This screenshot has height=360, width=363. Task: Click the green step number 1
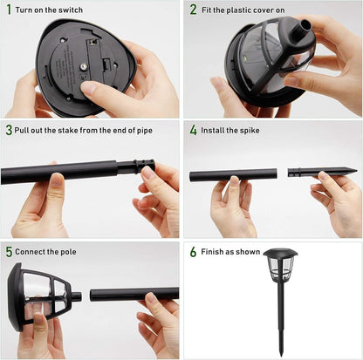pyautogui.click(x=9, y=10)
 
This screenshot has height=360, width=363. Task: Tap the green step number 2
pyautogui.click(x=194, y=10)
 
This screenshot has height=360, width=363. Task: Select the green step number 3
pyautogui.click(x=9, y=130)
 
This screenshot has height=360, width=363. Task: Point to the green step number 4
pyautogui.click(x=194, y=130)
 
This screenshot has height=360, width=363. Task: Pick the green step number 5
pyautogui.click(x=9, y=252)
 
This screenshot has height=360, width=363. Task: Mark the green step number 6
pyautogui.click(x=194, y=252)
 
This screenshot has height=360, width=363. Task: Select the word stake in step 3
pyautogui.click(x=68, y=130)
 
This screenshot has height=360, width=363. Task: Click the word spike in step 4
pyautogui.click(x=250, y=131)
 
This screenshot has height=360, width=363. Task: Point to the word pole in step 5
pyautogui.click(x=68, y=252)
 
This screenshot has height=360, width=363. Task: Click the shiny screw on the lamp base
pyautogui.click(x=84, y=67)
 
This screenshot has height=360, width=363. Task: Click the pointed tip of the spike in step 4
pyautogui.click(x=357, y=170)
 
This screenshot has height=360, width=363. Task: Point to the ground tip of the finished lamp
pyautogui.click(x=282, y=356)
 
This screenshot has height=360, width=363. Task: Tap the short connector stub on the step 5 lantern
pyautogui.click(x=76, y=297)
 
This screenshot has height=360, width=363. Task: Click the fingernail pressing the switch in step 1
pyautogui.click(x=86, y=87)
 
